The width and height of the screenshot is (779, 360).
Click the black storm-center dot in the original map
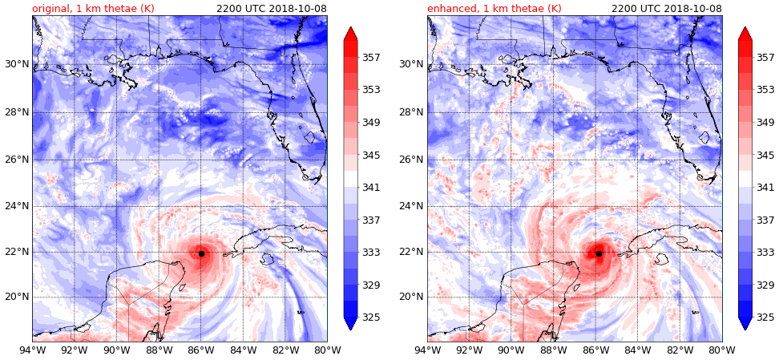pyautogui.click(x=201, y=253)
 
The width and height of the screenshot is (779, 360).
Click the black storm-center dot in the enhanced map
pyautogui.click(x=599, y=253)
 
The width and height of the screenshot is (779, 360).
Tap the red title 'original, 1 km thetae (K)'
pyautogui.click(x=93, y=8)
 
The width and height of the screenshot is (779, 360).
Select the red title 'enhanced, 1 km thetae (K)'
pyautogui.click(x=494, y=8)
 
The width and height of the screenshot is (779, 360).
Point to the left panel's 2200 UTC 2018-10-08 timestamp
pyautogui.click(x=272, y=8)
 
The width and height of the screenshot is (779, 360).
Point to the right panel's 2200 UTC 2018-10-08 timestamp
pyautogui.click(x=667, y=8)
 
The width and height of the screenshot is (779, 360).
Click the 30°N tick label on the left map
pyautogui.click(x=16, y=64)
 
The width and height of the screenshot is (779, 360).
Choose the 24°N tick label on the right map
pyautogui.click(x=411, y=206)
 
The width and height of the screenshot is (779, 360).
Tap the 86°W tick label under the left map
pyautogui.click(x=201, y=349)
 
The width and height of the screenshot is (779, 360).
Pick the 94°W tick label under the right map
pyautogui.click(x=427, y=349)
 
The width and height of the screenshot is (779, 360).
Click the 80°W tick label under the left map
pyautogui.click(x=327, y=349)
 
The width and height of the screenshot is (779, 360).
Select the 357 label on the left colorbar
pyautogui.click(x=371, y=58)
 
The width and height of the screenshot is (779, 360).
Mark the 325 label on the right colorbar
pyautogui.click(x=765, y=318)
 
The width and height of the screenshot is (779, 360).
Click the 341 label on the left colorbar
pyautogui.click(x=371, y=188)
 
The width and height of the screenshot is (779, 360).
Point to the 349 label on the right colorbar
pyautogui.click(x=765, y=123)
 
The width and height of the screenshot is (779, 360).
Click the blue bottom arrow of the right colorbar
pyautogui.click(x=745, y=323)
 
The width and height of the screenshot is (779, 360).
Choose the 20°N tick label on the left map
pyautogui.click(x=16, y=297)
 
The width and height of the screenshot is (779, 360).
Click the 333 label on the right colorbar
pyautogui.click(x=765, y=253)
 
